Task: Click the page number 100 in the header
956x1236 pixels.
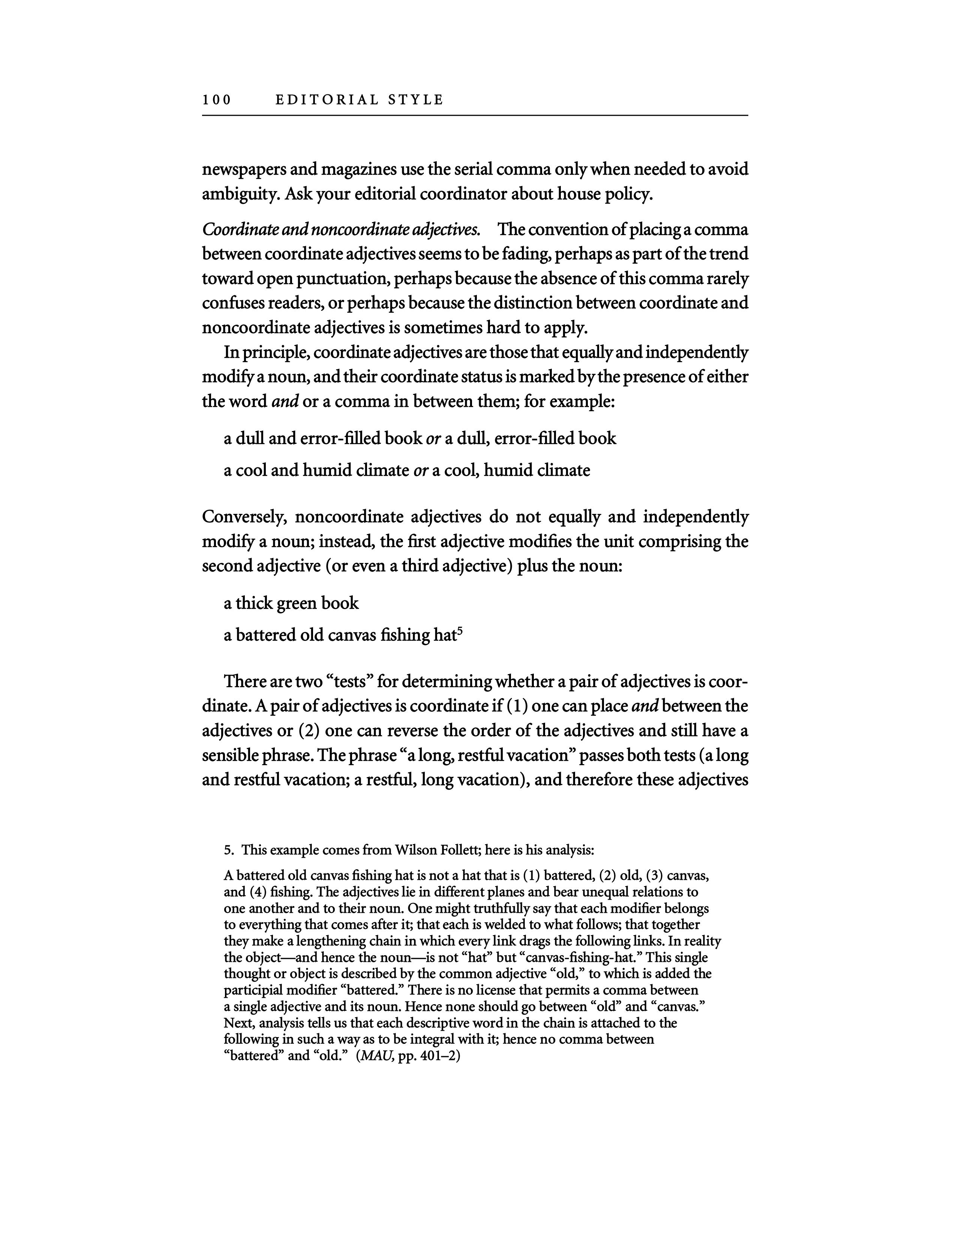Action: click(217, 100)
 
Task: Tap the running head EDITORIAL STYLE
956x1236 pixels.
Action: click(360, 100)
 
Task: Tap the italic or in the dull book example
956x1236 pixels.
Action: click(433, 439)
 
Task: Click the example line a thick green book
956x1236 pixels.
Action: click(291, 603)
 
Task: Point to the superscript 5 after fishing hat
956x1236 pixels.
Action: click(460, 630)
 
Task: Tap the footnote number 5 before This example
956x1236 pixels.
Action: click(228, 850)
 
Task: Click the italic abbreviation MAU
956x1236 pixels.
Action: click(375, 1056)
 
